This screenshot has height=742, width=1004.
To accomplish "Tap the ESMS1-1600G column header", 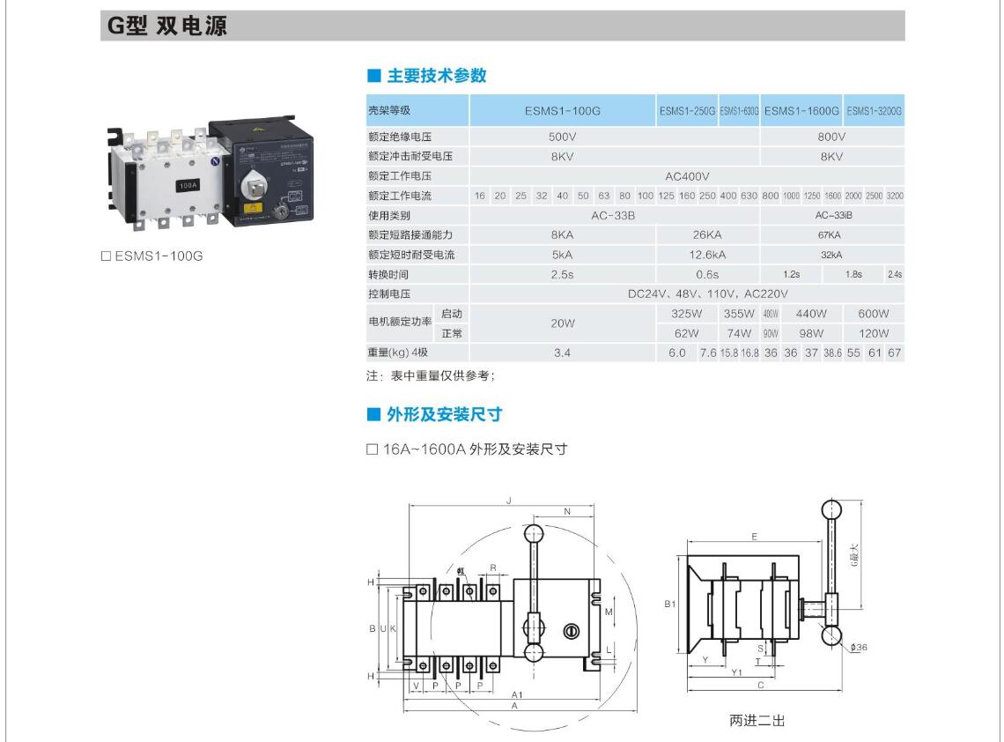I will click(801, 110).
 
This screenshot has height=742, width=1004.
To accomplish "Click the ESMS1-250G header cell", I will click(687, 110).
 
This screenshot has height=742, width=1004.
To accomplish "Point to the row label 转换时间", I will click(388, 274).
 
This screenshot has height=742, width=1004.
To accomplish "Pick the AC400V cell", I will click(687, 175).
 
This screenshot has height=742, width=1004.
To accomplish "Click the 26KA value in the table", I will click(707, 235).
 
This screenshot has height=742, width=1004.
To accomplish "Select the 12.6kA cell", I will click(707, 255).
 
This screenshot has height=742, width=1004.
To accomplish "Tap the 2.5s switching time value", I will click(562, 274).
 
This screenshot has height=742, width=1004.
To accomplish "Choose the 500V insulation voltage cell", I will click(562, 137).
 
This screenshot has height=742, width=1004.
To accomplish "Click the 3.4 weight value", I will click(562, 353).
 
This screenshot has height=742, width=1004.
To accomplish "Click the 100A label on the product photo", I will click(188, 186).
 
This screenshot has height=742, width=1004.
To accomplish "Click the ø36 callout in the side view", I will click(860, 648).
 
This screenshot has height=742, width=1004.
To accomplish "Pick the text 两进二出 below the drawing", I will click(757, 721).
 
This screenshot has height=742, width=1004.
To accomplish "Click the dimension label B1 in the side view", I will click(670, 605).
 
